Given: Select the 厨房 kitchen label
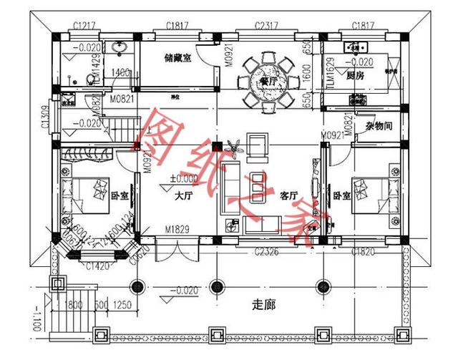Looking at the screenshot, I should tap(356, 74).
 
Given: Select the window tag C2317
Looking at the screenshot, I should tap(268, 26).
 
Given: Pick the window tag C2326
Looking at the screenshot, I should tap(269, 251).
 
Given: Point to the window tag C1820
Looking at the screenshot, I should tap(364, 251).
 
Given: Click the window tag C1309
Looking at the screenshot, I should tap(44, 117).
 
